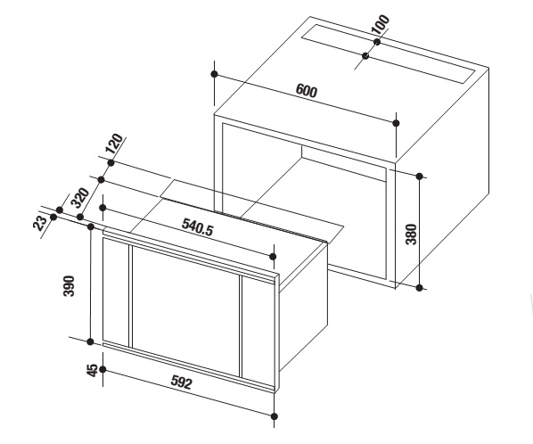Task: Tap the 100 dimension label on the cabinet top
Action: point(380,24)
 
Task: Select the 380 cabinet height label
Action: point(411,234)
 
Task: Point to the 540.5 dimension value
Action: point(198,227)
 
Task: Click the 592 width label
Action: point(181,382)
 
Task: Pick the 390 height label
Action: point(69,286)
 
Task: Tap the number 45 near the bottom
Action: point(92,370)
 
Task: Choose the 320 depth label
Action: point(79,198)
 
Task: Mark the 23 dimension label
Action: point(40,223)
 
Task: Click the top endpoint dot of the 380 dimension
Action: point(419,177)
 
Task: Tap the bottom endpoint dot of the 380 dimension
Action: point(420,288)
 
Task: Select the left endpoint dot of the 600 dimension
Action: point(214,74)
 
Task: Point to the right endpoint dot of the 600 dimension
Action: point(396,123)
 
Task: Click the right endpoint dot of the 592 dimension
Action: point(275,416)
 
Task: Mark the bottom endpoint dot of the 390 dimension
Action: point(90,341)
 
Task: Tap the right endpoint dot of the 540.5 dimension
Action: point(272,257)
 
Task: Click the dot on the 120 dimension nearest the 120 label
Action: point(111,163)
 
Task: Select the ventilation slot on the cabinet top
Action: point(388,54)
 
